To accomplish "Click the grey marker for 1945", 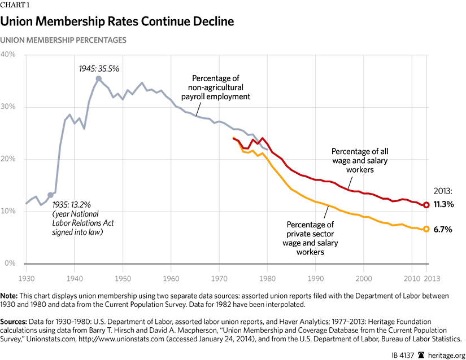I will coord(99,79).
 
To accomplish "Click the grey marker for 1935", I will coord(50,195).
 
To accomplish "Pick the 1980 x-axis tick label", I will coord(267,278).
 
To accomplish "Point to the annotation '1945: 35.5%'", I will coord(99,68).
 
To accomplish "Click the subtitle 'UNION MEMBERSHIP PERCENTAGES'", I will coord(63,40).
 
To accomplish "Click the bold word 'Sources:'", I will coord(17,319).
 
